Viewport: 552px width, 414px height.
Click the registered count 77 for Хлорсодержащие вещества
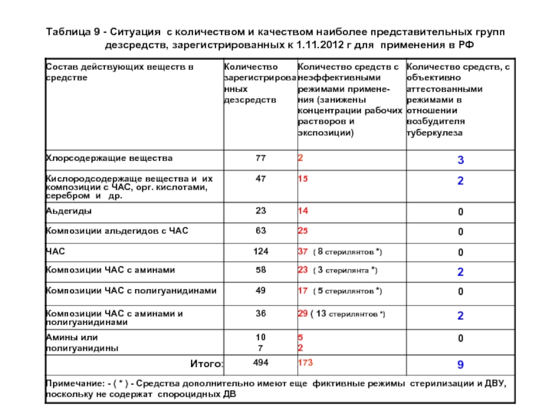[260, 159]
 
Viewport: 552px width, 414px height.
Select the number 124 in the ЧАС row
[260, 250]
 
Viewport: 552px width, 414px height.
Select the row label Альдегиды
[70, 210]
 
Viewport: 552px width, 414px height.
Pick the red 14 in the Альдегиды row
[303, 210]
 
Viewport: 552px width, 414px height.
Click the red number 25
[303, 230]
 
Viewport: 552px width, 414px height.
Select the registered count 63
[260, 230]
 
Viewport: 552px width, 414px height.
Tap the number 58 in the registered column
[260, 270]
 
